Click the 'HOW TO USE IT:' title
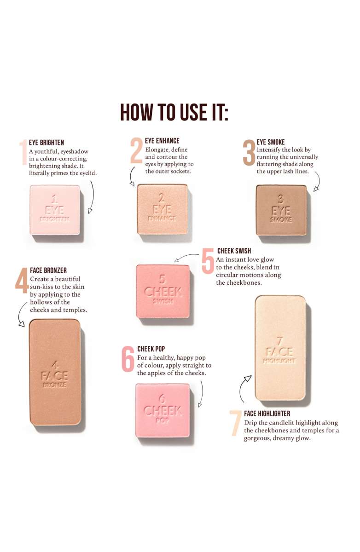tap(174, 112)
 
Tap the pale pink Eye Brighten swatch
tap(55, 210)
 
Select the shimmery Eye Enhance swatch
tap(162, 209)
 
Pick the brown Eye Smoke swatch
tap(281, 210)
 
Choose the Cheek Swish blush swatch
tap(163, 291)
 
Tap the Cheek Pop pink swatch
tap(163, 410)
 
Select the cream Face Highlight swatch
tap(280, 348)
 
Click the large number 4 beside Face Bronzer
tap(22, 281)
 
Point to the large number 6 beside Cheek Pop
tap(128, 358)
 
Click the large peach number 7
tap(235, 423)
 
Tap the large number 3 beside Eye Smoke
tap(249, 153)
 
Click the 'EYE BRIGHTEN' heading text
tap(46, 143)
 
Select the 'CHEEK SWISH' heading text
tap(234, 251)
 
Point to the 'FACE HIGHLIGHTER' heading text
tap(267, 413)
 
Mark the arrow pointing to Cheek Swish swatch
tap(186, 256)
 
